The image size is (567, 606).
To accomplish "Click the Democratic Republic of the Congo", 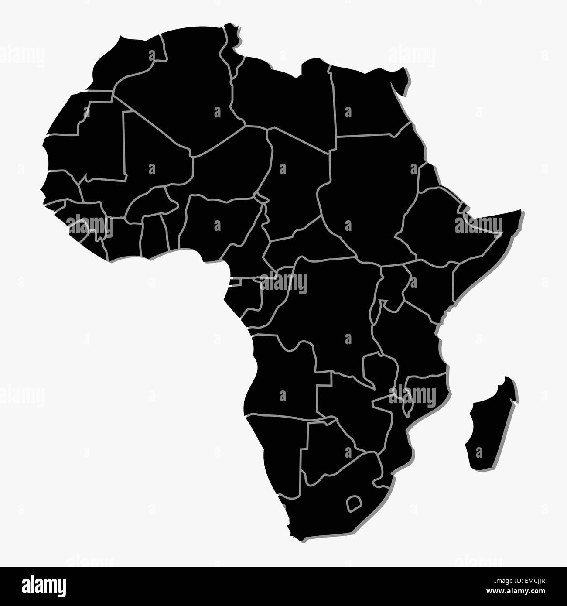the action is (331, 314).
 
